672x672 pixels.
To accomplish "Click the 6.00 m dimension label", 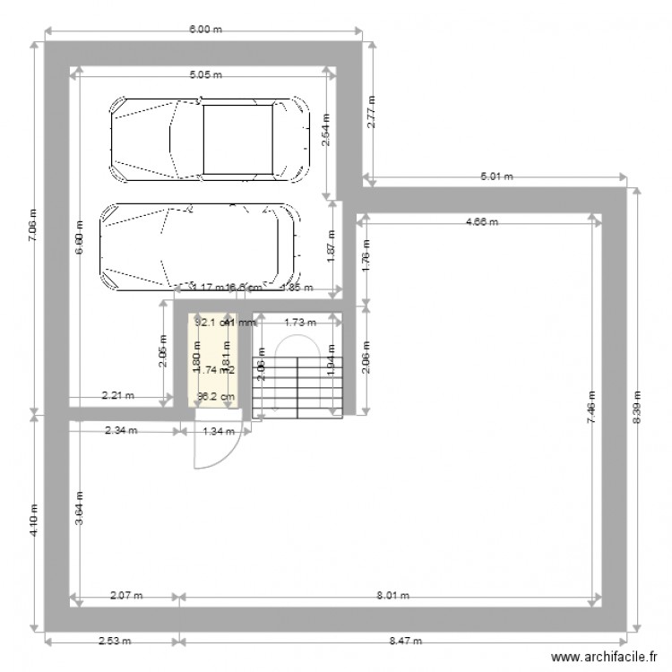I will click(204, 30).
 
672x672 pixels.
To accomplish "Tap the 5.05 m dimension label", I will click(204, 76).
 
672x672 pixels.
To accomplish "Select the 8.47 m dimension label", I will click(404, 642).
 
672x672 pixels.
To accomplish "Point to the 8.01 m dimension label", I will click(392, 595).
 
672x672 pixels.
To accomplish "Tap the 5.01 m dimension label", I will click(496, 177).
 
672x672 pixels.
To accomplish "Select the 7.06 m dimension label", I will click(32, 226).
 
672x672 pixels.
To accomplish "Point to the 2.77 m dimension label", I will click(372, 113).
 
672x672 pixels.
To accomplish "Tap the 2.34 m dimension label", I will click(121, 431).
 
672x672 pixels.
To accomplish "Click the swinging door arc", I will click(205, 448).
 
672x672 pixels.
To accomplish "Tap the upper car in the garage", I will click(210, 139).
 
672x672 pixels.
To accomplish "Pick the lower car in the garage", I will click(199, 246).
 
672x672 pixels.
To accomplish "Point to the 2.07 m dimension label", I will click(126, 595).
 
